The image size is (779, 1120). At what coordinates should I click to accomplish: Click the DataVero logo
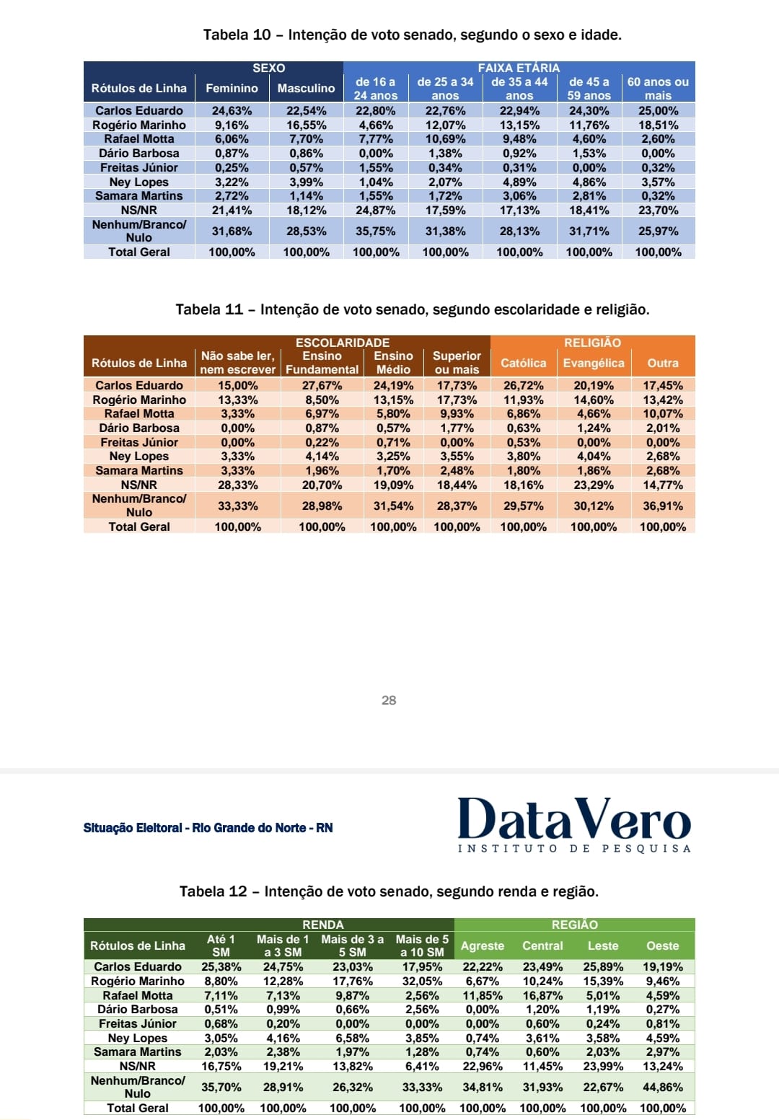[x=574, y=824]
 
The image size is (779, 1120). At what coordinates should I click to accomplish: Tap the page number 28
[x=389, y=700]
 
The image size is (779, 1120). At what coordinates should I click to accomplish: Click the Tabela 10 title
[x=412, y=35]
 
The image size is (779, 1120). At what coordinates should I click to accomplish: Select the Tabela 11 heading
[x=412, y=309]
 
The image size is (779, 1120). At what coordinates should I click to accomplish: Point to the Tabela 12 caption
[x=389, y=891]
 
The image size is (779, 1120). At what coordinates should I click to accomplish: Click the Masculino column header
[x=306, y=88]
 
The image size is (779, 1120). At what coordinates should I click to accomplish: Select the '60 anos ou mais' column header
[x=658, y=88]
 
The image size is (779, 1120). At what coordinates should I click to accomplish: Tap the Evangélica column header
[x=594, y=363]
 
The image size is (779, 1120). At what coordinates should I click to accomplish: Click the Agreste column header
[x=483, y=945]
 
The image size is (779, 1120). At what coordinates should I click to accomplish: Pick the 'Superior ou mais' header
[x=457, y=363]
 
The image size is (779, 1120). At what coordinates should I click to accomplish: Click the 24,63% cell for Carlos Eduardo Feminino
[x=232, y=110]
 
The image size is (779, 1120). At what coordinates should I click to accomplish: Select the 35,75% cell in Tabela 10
[x=376, y=232]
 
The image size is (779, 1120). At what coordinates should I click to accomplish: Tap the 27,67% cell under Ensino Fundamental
[x=322, y=385]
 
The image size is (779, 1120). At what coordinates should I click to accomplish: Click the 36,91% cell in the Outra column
[x=663, y=506]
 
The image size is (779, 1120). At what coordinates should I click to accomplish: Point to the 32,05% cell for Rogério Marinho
[x=422, y=981]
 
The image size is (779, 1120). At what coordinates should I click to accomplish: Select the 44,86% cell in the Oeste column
[x=662, y=1087]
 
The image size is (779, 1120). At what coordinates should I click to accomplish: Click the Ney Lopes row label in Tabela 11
[x=139, y=456]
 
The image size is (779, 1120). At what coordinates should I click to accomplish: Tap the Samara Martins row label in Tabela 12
[x=138, y=1051]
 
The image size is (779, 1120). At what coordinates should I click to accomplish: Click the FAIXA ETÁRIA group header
[x=519, y=68]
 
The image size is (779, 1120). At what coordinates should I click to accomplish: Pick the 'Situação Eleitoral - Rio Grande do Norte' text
[x=208, y=828]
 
